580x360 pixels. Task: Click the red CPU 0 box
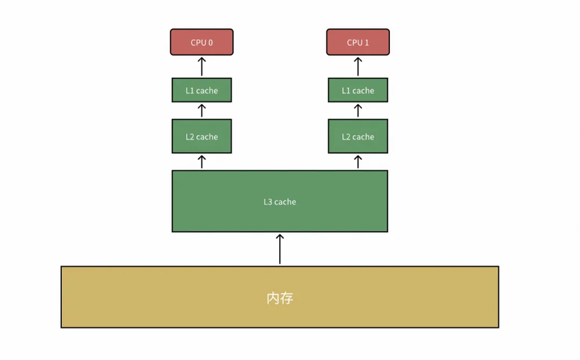201,42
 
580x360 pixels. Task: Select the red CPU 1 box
358,42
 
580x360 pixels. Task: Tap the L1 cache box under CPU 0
201,90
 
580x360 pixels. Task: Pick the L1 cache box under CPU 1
358,90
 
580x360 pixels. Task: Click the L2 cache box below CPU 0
201,136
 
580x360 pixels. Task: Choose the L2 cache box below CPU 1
358,136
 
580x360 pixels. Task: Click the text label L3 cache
280,201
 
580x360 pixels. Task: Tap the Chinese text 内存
280,298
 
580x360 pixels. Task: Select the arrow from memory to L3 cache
280,249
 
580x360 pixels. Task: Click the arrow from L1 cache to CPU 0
201,66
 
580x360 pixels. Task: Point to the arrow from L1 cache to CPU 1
358,66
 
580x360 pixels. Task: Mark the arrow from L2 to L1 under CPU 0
201,111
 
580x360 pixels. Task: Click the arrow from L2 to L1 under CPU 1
358,111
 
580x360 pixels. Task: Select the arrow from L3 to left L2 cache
201,162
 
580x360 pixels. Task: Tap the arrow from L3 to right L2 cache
358,162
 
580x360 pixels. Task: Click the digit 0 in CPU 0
211,42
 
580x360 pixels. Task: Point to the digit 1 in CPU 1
367,42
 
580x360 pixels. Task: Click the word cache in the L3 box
285,201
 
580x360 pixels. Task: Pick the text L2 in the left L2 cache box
190,136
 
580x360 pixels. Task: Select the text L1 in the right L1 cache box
346,90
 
